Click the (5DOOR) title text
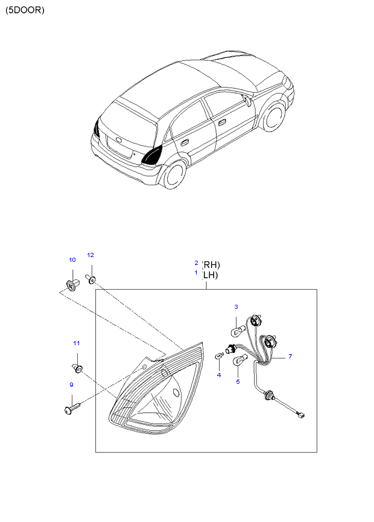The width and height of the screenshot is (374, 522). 25,10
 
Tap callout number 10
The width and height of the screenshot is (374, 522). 72,260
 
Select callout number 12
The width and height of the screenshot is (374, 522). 90,255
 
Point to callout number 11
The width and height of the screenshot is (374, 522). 77,343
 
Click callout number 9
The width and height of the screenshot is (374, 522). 71,384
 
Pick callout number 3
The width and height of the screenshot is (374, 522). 236,307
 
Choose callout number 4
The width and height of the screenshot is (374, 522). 219,375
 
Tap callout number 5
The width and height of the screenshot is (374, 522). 238,381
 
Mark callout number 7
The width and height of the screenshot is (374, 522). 290,357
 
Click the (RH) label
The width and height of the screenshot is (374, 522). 211,264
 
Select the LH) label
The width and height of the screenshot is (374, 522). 211,275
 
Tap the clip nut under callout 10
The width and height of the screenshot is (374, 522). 71,282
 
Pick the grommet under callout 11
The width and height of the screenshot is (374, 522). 77,366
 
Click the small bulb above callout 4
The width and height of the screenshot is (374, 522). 220,357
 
